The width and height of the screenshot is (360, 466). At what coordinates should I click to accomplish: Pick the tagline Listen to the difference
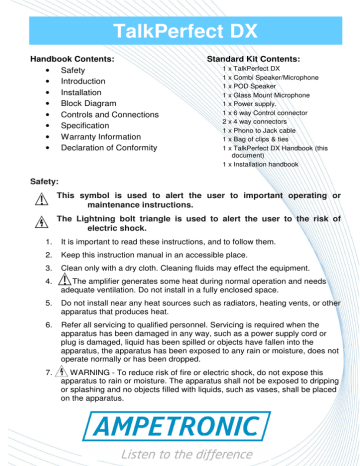(180, 453)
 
